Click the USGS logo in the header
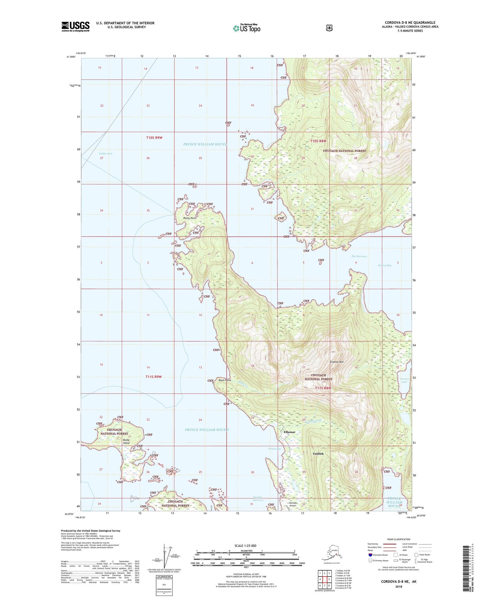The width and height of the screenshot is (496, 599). (x=76, y=26)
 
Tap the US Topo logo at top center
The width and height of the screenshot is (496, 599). (x=246, y=28)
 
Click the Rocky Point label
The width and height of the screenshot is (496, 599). (x=189, y=218)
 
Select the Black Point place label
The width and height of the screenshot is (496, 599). (x=225, y=380)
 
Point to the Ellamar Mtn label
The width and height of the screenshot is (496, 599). (x=336, y=362)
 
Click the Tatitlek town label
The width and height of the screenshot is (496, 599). (x=318, y=454)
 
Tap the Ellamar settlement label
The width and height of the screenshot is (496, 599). (x=289, y=432)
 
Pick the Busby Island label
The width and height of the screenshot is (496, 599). (x=126, y=442)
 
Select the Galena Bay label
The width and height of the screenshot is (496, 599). (x=384, y=265)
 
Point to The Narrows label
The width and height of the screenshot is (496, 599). (x=359, y=256)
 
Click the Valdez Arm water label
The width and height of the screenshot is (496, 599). (x=105, y=154)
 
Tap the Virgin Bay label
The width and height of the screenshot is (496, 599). (x=274, y=449)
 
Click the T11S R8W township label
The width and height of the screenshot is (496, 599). (x=323, y=388)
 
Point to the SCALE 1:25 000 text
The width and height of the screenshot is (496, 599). (x=245, y=546)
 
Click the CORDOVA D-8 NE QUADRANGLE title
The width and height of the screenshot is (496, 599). (x=410, y=23)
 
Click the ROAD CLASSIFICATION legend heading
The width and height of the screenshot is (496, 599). (x=398, y=540)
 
